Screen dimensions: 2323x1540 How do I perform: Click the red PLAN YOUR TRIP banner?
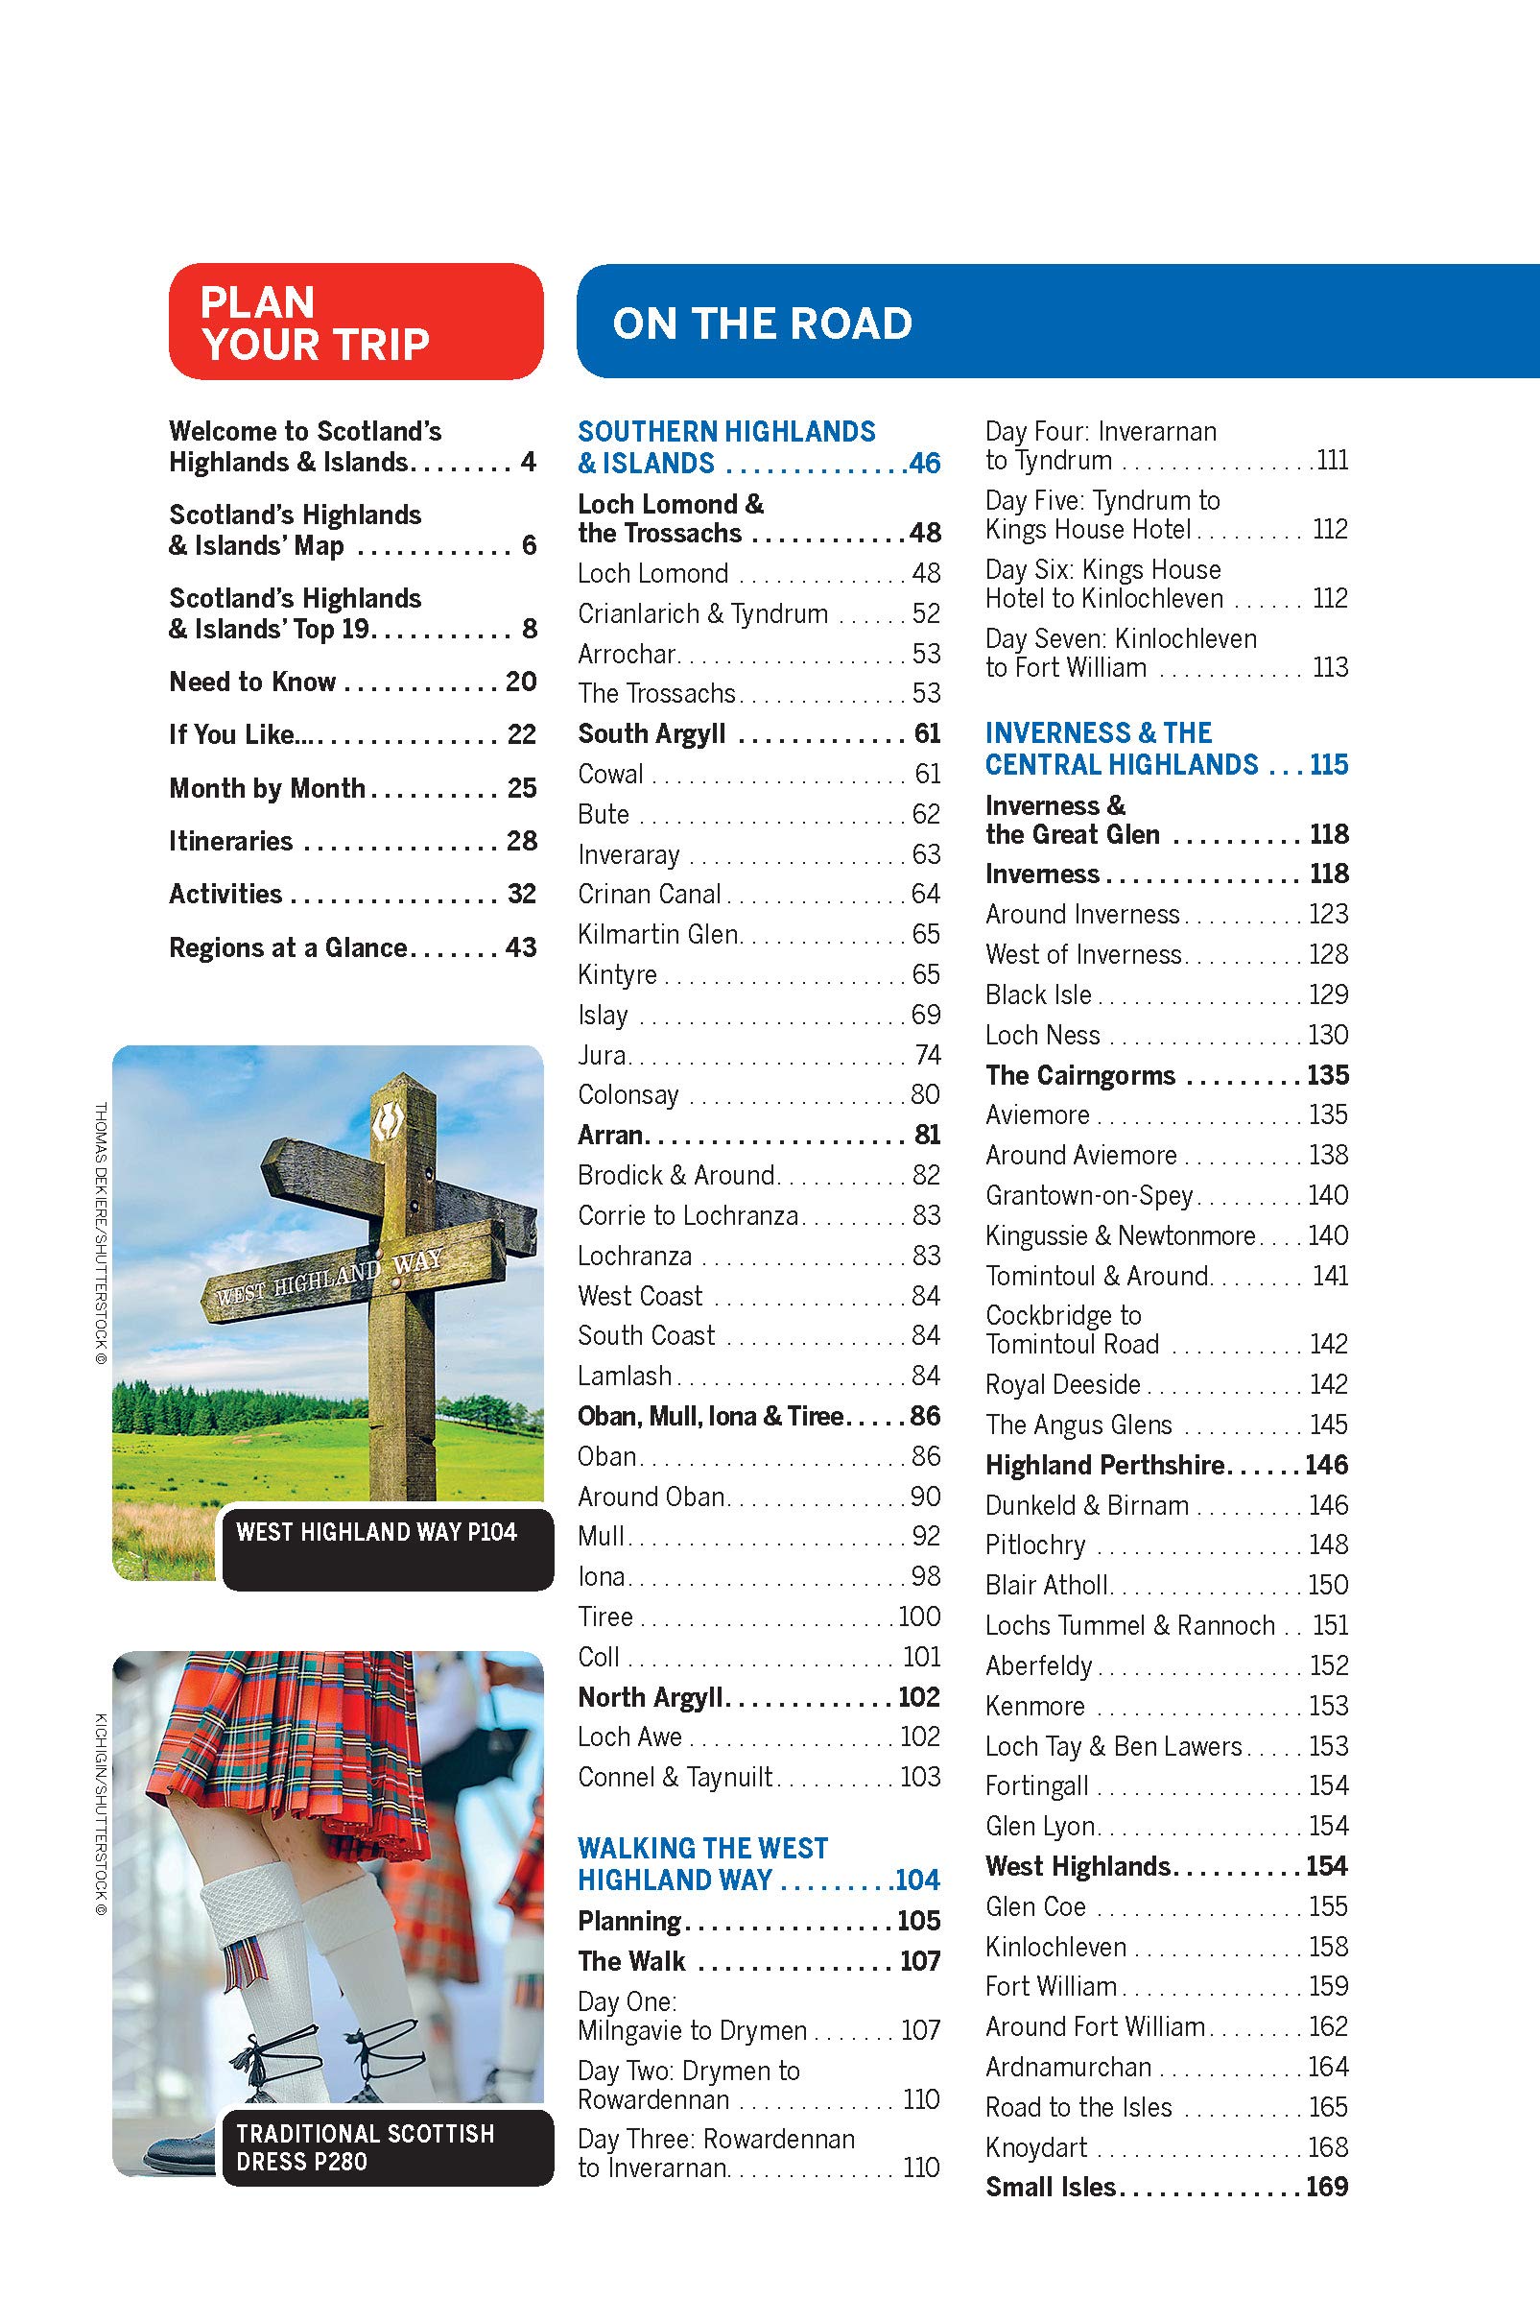click(x=355, y=322)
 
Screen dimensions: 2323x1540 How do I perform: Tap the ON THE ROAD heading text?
click(x=762, y=323)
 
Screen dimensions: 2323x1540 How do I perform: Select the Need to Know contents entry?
click(x=252, y=682)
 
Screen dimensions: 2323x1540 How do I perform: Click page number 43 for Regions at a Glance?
click(x=521, y=947)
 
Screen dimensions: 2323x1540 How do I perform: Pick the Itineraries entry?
click(x=231, y=841)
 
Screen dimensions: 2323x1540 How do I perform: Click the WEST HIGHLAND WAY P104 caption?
click(x=376, y=1532)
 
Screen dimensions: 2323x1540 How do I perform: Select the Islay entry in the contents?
click(x=603, y=1015)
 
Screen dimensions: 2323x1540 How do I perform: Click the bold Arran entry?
click(x=610, y=1135)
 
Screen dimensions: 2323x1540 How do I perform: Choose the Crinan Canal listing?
click(x=650, y=895)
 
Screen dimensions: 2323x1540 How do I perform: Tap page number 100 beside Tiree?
click(x=919, y=1617)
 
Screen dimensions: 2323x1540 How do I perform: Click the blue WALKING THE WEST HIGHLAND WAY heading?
click(x=703, y=1864)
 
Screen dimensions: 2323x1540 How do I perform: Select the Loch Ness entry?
click(x=1043, y=1035)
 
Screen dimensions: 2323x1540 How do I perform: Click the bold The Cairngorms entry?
click(x=1080, y=1075)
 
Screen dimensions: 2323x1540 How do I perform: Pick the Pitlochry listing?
click(x=1035, y=1545)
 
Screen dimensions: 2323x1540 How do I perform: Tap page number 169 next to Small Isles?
click(x=1327, y=2187)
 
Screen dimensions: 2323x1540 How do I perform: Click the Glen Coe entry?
click(x=1036, y=1906)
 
